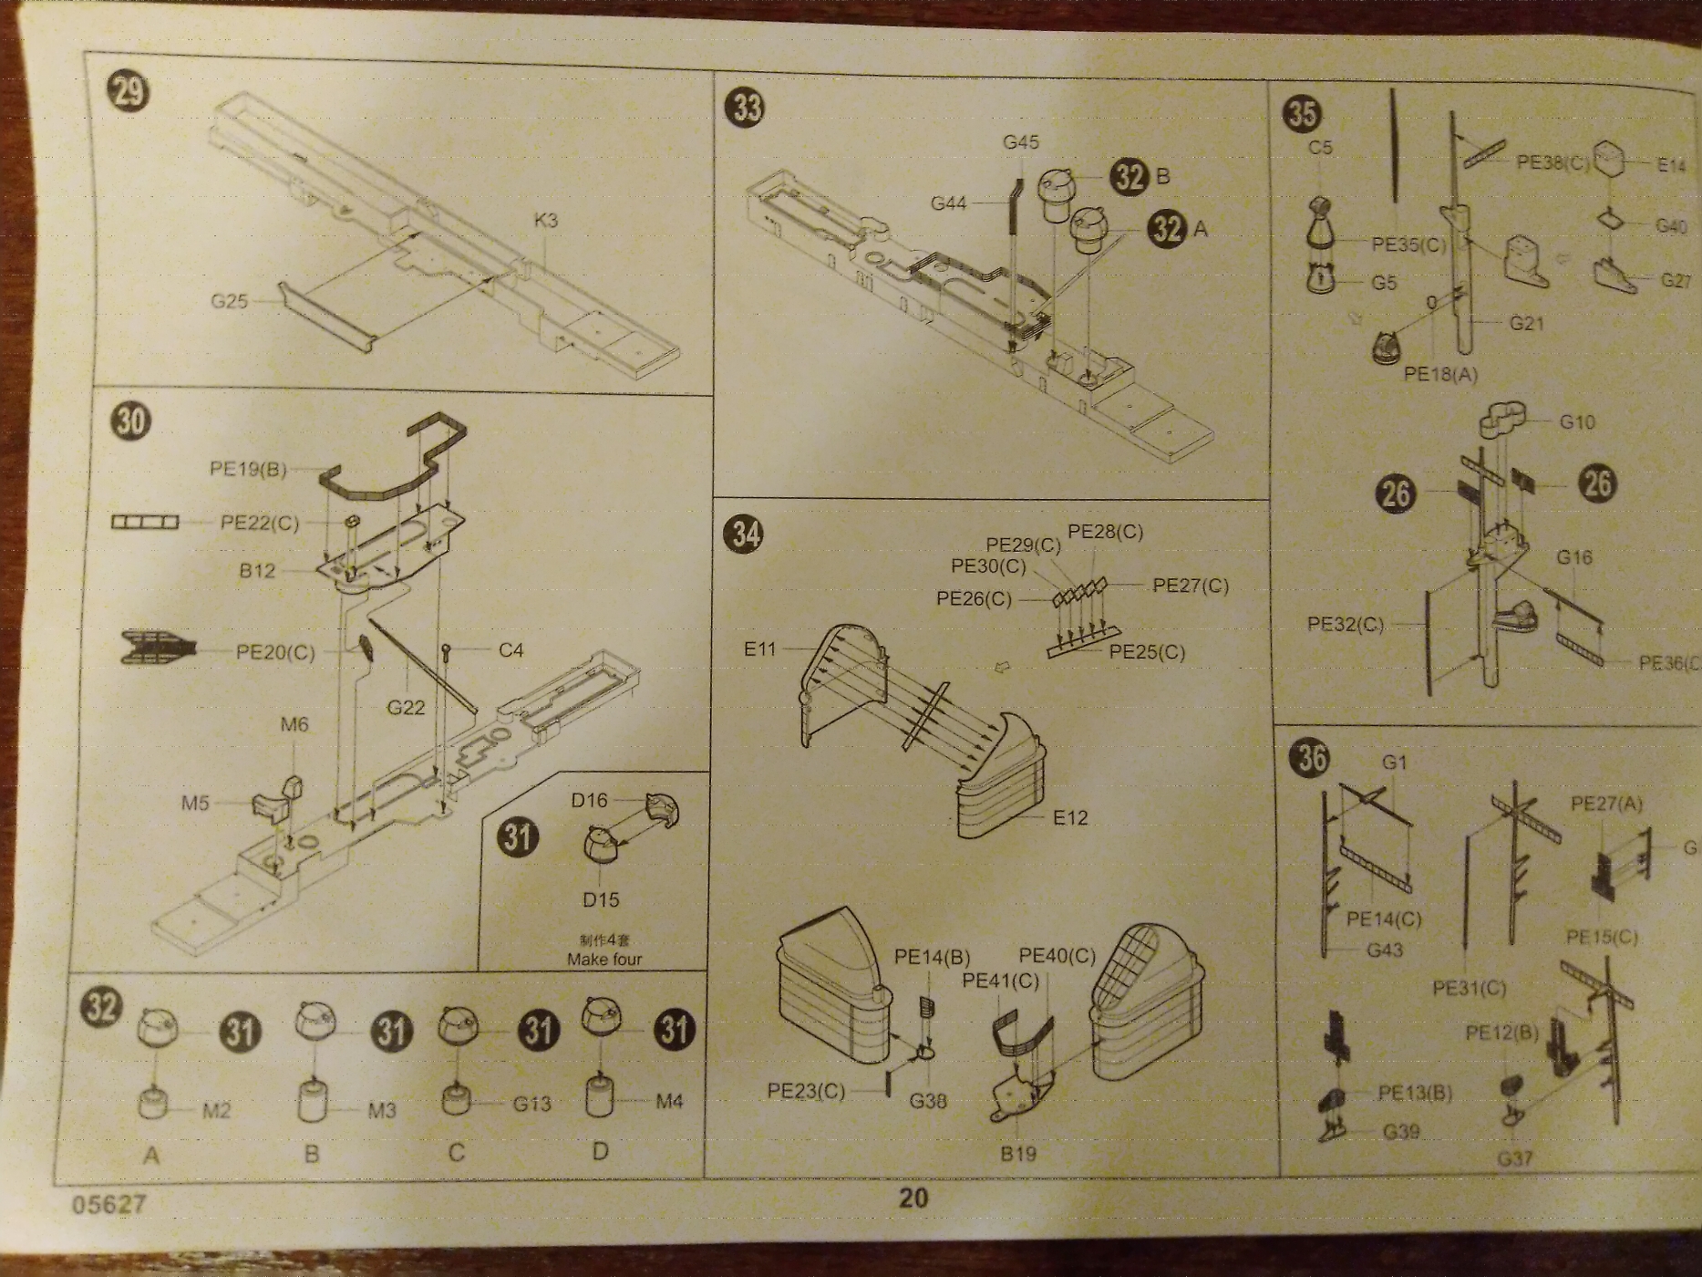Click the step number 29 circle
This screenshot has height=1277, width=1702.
click(x=128, y=91)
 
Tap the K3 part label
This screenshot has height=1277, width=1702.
click(x=545, y=221)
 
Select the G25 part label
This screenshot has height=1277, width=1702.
click(x=229, y=301)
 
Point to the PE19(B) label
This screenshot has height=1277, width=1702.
click(x=248, y=469)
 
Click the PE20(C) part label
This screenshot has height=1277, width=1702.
click(x=275, y=652)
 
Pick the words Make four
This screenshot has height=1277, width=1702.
click(x=603, y=959)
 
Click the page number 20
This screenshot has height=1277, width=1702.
click(x=913, y=1198)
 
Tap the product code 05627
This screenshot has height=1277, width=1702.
click(x=108, y=1204)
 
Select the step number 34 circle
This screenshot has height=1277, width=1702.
click(x=745, y=534)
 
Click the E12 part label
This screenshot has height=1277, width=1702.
click(x=1069, y=818)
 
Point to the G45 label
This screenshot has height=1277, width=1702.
click(x=1020, y=142)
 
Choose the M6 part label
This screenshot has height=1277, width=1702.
click(x=294, y=725)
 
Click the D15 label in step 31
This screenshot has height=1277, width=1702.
click(x=600, y=899)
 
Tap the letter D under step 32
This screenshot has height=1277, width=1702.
click(x=599, y=1151)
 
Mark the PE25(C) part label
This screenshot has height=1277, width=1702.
click(x=1146, y=653)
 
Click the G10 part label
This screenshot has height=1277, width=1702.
click(x=1576, y=422)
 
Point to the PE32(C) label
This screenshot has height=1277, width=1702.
click(x=1345, y=625)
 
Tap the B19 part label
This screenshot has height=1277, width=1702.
click(x=1017, y=1154)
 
